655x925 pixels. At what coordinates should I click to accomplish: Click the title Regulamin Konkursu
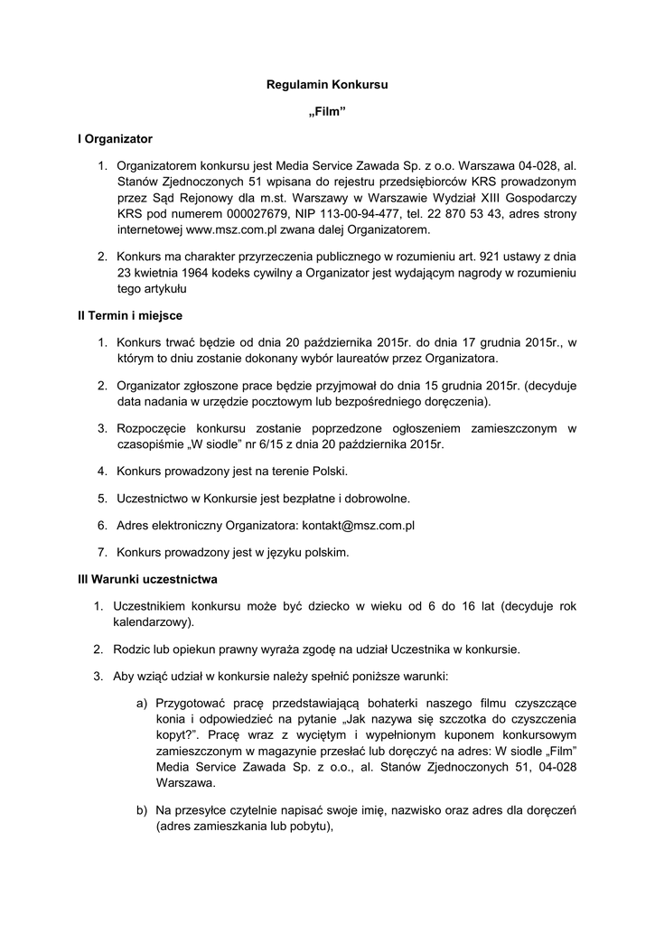(327, 84)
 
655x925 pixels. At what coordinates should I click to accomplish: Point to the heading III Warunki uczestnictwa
(147, 578)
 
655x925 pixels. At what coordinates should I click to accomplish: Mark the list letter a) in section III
(142, 701)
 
